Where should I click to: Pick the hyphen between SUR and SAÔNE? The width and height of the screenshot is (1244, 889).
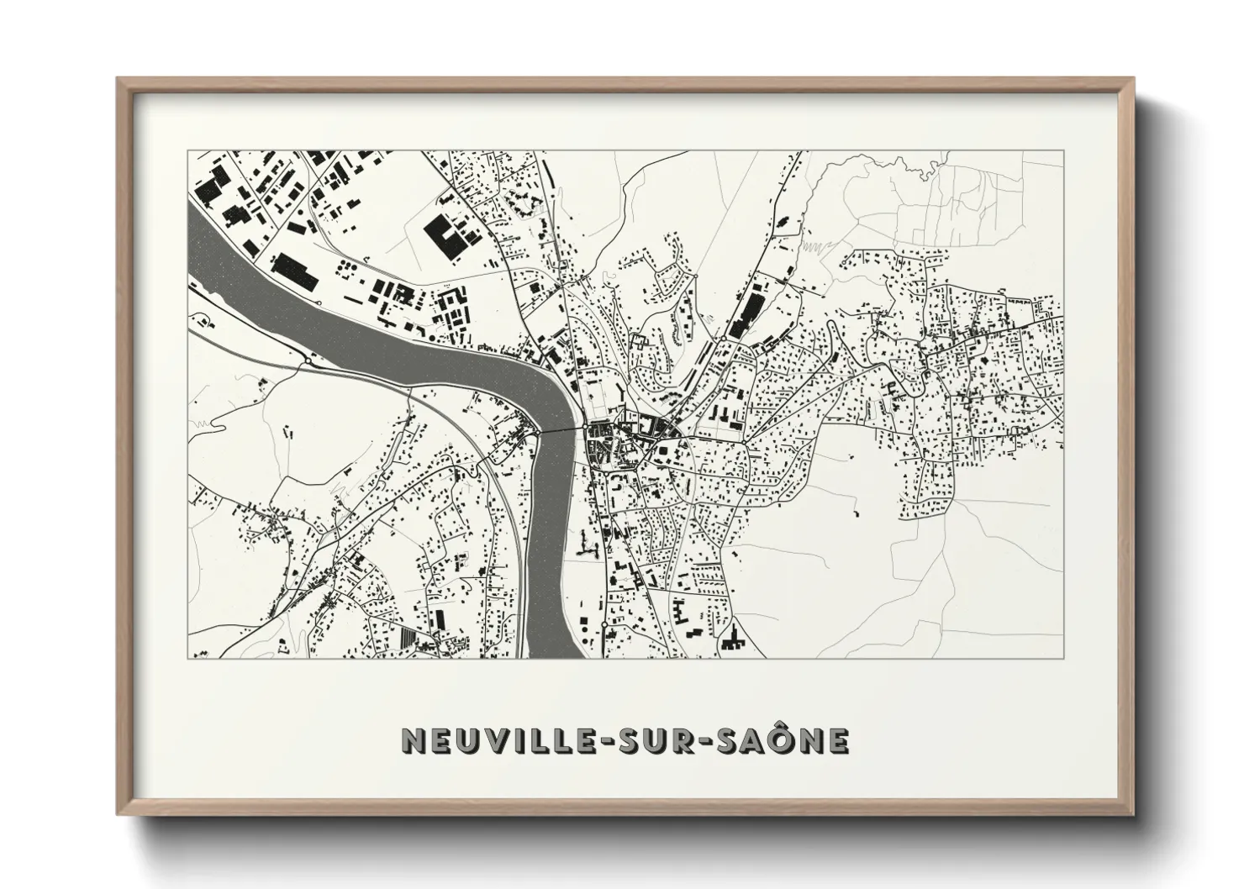[709, 741]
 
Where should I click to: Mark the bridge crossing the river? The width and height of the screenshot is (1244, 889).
[563, 431]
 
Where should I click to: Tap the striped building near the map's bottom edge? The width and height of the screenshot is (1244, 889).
[409, 639]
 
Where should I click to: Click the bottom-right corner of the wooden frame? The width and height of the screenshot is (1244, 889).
[1131, 813]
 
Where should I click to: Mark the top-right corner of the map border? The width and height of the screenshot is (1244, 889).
[1062, 151]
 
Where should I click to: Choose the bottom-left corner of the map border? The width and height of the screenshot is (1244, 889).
[188, 658]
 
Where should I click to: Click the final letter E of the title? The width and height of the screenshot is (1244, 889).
[837, 740]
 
